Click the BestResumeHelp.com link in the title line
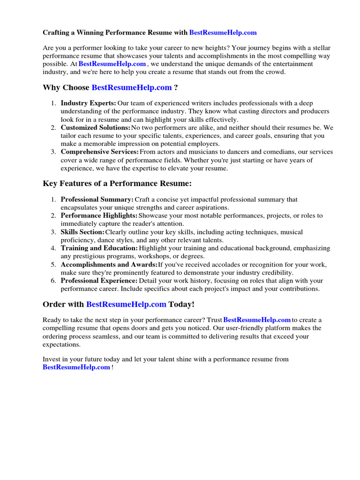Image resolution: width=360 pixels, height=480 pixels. (223, 33)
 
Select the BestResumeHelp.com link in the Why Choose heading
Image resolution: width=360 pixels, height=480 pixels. (132, 88)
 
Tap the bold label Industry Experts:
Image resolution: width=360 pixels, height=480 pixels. (89, 103)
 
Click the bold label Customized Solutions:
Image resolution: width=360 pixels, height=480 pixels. (96, 127)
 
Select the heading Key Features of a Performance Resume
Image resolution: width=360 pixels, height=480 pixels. (117, 183)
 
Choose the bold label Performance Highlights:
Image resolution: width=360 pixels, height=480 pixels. (99, 216)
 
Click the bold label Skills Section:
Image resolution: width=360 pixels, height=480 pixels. (83, 232)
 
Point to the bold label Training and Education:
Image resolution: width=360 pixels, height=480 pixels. (99, 248)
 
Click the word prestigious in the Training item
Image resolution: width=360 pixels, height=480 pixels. (92, 256)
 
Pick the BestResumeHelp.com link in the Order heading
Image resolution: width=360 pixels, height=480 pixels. (126, 304)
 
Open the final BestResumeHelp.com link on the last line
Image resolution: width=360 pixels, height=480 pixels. (76, 367)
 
